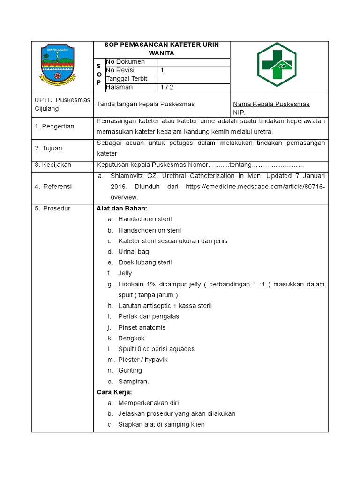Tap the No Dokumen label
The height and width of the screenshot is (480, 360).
(x=125, y=62)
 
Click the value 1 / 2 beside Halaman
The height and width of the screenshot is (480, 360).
(x=166, y=87)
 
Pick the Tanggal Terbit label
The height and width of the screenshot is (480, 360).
(x=127, y=79)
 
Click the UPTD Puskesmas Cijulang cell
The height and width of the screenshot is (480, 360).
(x=62, y=104)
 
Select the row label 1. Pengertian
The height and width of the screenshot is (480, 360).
(x=54, y=127)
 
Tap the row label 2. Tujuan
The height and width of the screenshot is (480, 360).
(x=49, y=148)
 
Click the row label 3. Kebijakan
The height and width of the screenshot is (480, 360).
(x=53, y=165)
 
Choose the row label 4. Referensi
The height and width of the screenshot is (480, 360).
(x=53, y=187)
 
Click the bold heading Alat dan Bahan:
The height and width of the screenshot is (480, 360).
(x=121, y=209)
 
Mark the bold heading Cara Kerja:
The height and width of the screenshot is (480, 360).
(x=114, y=392)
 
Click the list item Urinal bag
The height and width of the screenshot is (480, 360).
(x=133, y=252)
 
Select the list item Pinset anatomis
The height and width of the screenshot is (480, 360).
(x=142, y=327)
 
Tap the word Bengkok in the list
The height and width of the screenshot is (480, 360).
(x=131, y=338)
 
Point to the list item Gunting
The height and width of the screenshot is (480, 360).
(x=130, y=370)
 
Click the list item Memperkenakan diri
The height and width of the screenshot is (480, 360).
(x=148, y=403)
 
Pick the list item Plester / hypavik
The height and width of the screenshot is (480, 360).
(x=142, y=360)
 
